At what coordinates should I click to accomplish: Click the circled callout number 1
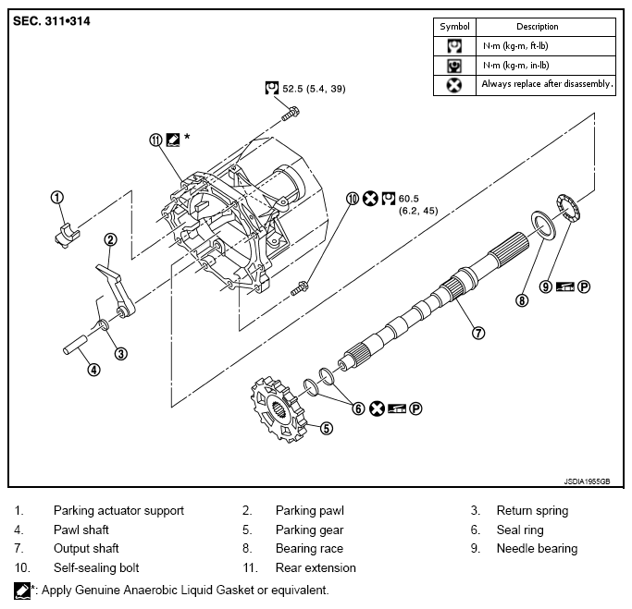click(57, 197)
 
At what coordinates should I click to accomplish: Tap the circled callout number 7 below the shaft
click(477, 334)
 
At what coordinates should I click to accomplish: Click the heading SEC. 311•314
click(53, 20)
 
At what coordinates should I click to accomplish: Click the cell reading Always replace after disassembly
click(546, 84)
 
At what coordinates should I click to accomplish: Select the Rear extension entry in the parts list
click(316, 567)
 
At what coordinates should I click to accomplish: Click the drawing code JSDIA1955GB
click(587, 481)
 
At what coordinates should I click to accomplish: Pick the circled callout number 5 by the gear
click(326, 428)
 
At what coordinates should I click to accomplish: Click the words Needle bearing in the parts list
click(537, 548)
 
